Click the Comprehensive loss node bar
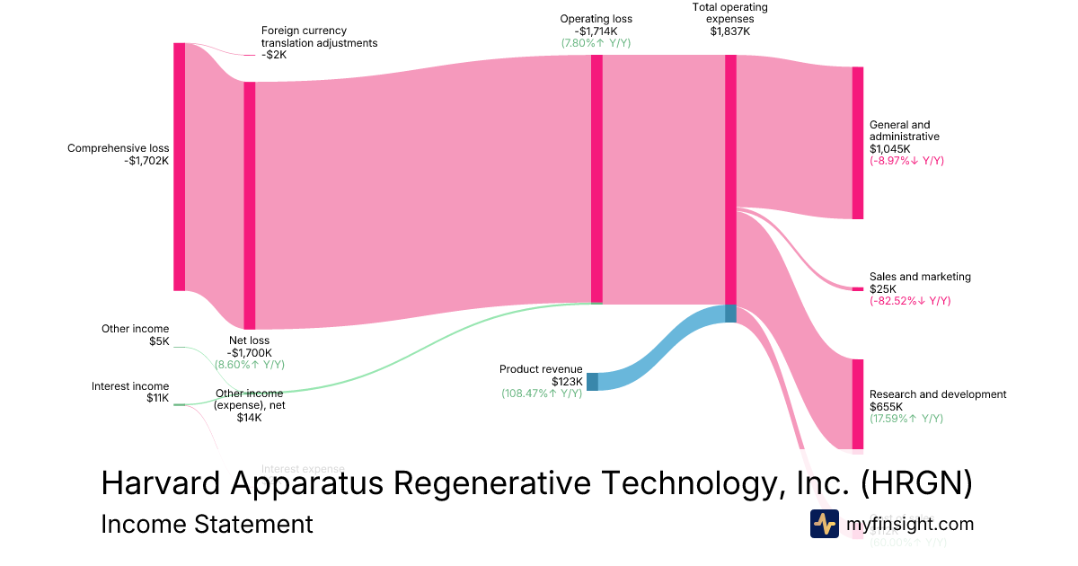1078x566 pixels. point(179,166)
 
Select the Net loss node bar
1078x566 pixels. point(250,205)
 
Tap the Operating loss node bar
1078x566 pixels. point(596,179)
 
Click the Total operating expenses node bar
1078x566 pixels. point(730,180)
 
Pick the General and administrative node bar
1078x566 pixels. point(858,142)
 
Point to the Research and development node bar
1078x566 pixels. point(858,403)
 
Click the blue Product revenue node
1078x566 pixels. point(592,381)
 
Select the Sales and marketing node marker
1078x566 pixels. point(858,288)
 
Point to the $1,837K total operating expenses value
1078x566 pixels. point(729,31)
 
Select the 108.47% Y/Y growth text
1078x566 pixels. point(542,394)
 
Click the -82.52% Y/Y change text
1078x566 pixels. point(909,301)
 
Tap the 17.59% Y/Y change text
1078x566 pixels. point(906,419)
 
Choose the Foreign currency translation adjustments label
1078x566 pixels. point(319,42)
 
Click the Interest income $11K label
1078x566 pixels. point(130,392)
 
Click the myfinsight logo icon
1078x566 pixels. point(824,524)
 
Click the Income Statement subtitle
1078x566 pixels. point(207,524)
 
